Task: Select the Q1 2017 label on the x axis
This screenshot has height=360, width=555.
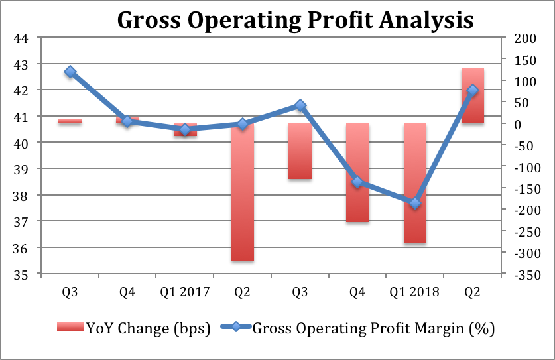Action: pos(185,292)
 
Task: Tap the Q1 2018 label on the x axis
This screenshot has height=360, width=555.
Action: pos(415,292)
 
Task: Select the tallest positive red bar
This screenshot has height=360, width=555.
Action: pos(473,95)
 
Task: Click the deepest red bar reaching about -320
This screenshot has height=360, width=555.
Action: pos(243,192)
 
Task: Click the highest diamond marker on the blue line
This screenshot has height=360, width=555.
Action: pos(70,72)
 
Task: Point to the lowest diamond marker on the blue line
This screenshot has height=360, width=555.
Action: pos(415,204)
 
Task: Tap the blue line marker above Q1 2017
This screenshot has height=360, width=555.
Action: pos(185,129)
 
